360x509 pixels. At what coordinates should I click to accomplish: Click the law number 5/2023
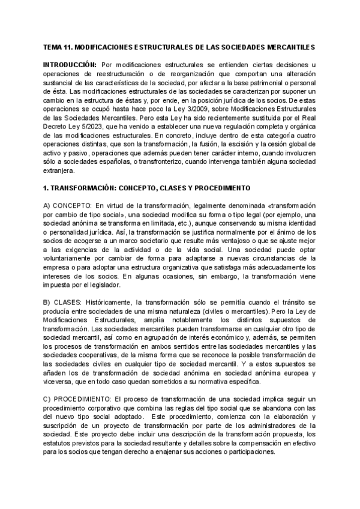(x=101, y=128)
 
